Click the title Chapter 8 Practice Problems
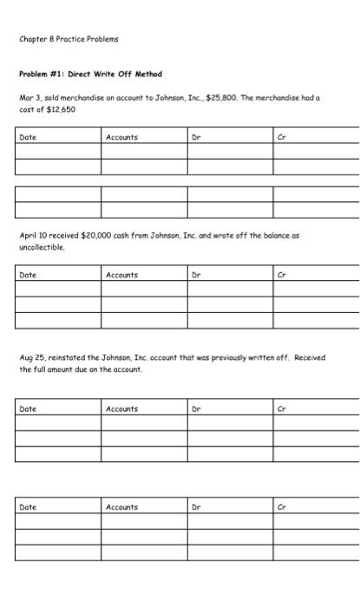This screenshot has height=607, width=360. [69, 39]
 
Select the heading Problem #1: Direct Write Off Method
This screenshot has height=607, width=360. [90, 74]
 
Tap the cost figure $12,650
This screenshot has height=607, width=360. [58, 109]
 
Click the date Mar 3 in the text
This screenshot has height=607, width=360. [29, 98]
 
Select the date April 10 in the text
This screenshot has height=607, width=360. [35, 235]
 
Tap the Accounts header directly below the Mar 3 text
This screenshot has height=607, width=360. [121, 137]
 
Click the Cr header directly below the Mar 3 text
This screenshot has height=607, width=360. [281, 137]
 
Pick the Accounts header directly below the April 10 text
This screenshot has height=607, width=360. [121, 275]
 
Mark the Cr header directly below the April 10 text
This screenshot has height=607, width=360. [281, 275]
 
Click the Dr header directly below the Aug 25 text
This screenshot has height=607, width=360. [196, 408]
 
